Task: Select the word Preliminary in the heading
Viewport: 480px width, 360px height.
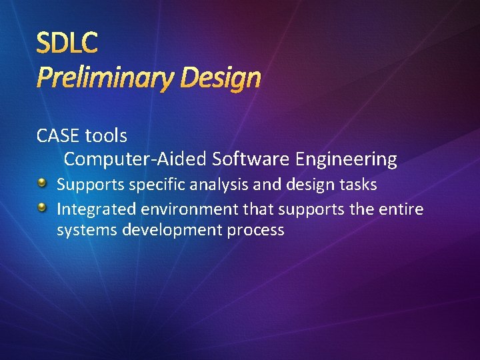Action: (x=103, y=79)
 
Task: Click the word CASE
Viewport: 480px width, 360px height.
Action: (x=58, y=136)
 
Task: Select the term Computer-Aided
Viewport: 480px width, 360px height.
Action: (x=135, y=159)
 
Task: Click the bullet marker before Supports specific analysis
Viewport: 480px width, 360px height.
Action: (x=43, y=183)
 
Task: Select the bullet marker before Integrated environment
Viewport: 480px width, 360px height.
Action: (x=43, y=208)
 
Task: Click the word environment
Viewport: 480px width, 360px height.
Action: (x=189, y=209)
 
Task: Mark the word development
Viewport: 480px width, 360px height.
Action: (x=165, y=231)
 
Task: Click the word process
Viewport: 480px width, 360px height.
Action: (x=254, y=231)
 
